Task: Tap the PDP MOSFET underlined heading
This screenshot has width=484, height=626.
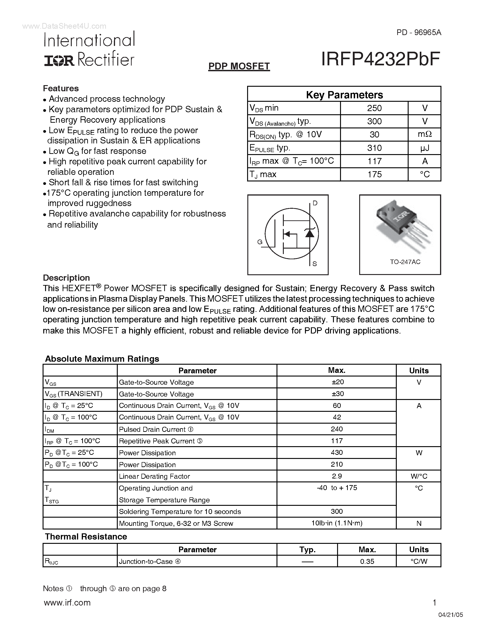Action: (x=239, y=66)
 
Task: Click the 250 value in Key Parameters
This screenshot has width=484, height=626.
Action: (x=374, y=108)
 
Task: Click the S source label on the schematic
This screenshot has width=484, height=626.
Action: (x=315, y=264)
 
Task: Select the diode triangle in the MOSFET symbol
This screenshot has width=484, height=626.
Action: (x=309, y=233)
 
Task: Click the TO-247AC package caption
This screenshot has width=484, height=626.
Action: (x=405, y=262)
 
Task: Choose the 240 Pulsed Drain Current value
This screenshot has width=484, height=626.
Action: (x=337, y=429)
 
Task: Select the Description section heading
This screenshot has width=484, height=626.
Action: (x=66, y=278)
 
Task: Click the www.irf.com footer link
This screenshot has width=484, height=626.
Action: (x=67, y=603)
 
